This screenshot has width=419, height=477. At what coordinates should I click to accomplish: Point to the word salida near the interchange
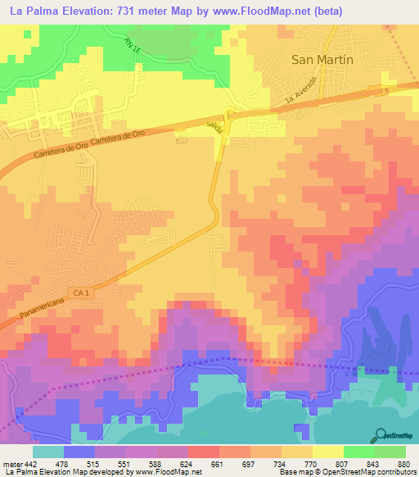coord(214,124)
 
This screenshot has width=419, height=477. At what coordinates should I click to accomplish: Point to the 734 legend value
coord(282,463)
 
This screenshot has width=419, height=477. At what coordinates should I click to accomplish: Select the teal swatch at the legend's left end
coord(47,452)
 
